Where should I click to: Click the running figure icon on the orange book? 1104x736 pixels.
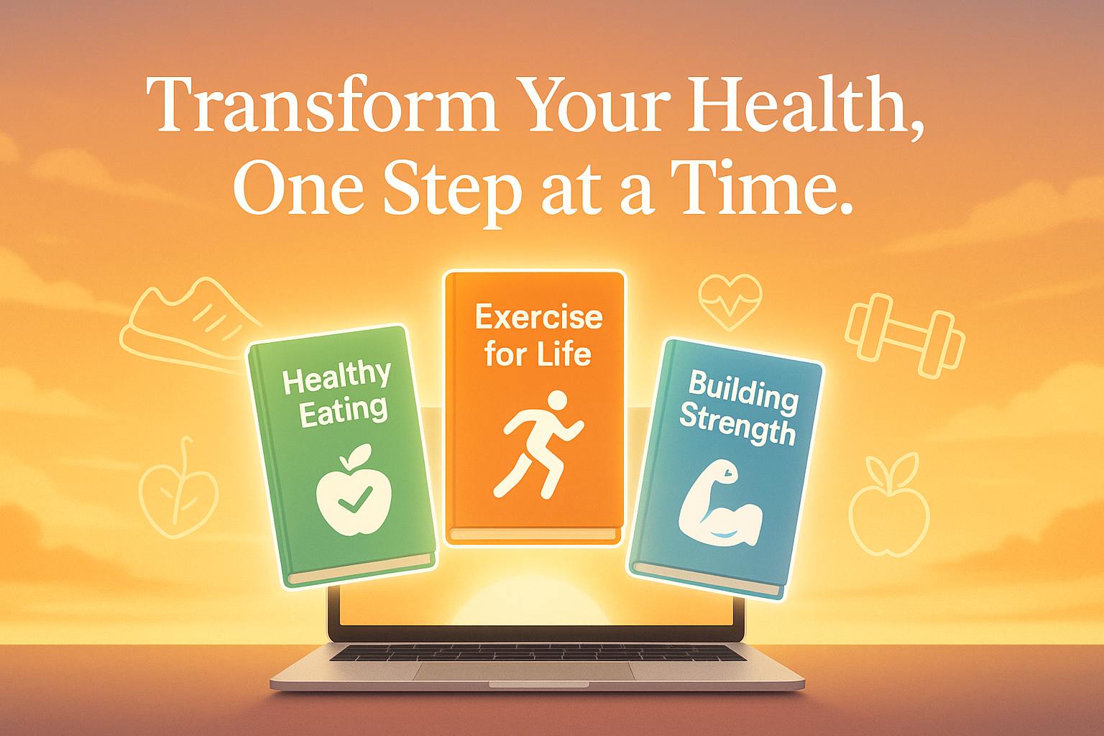click(539, 444)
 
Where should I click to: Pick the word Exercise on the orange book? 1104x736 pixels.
click(538, 318)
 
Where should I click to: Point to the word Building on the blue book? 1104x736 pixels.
click(743, 392)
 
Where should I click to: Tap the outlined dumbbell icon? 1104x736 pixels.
click(905, 334)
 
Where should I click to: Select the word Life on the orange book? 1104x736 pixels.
click(564, 354)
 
